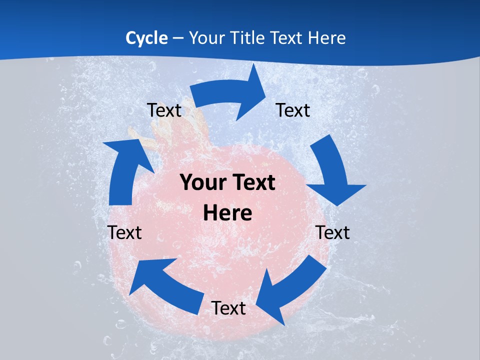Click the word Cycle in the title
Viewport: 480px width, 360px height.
pos(146,38)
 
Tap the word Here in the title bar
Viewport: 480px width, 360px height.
pos(326,38)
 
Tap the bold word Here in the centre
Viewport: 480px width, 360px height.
pos(227,213)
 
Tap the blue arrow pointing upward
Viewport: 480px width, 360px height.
pos(125,170)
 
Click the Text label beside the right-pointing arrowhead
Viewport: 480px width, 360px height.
pos(293,110)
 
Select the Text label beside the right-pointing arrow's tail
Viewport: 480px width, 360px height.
pos(164,110)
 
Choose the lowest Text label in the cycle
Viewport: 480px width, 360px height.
pos(228,308)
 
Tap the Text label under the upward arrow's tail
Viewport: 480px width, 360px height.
pos(125,232)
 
